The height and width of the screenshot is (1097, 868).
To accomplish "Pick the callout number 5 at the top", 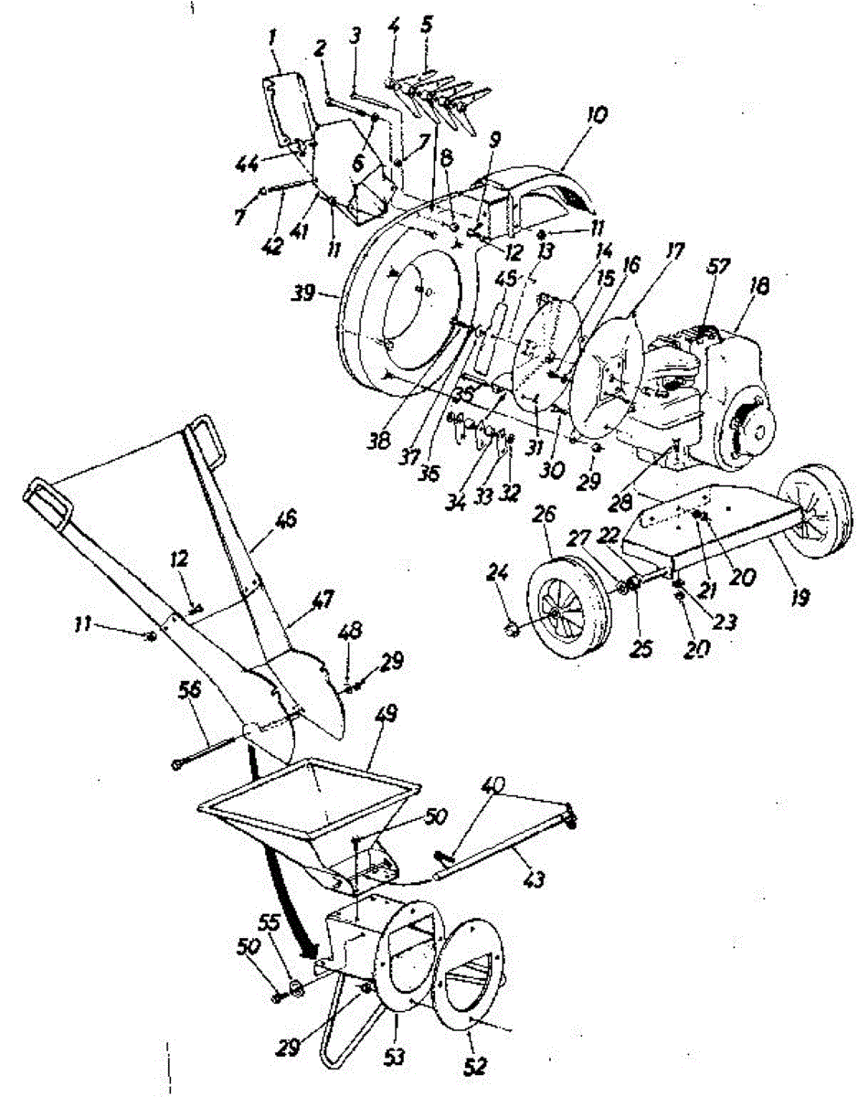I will coord(426,24).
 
